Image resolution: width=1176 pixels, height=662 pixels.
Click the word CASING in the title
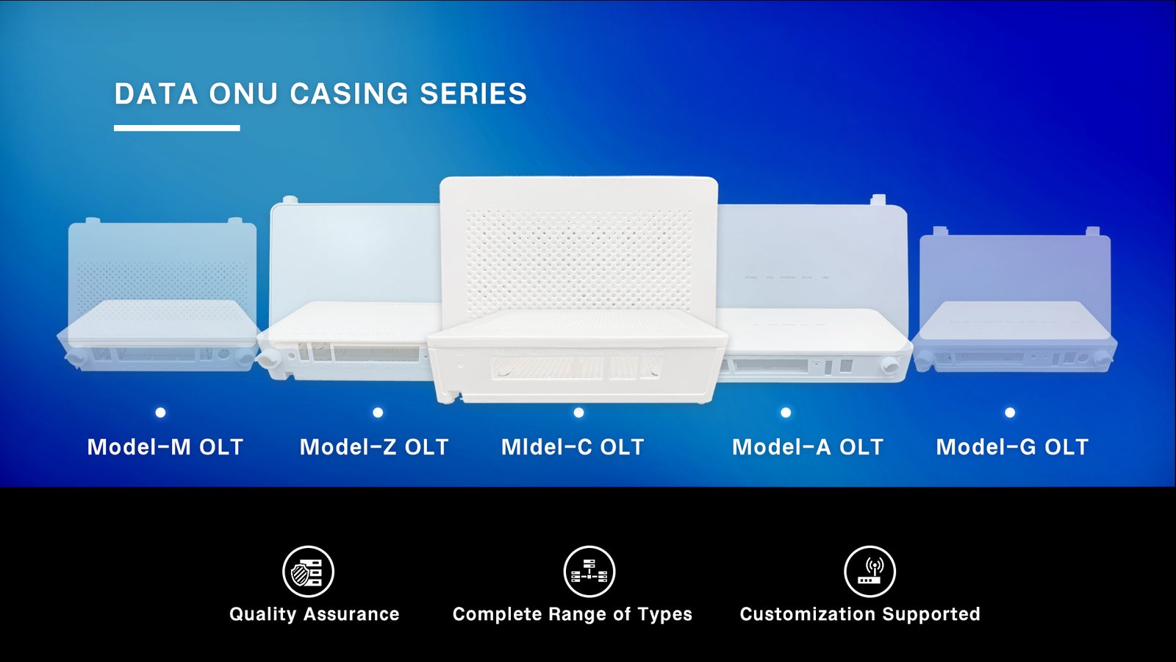pos(348,93)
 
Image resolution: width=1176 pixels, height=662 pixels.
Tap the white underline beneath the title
pos(177,128)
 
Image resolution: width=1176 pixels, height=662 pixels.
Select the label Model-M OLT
pos(165,447)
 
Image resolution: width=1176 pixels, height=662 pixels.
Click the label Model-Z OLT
pos(374,447)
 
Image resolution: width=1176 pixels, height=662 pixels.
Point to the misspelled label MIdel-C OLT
pos(573,447)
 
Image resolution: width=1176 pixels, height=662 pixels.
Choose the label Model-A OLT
pos(808,447)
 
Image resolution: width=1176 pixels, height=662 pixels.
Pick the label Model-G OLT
pos(1012,447)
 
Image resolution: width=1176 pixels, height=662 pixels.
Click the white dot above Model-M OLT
pos(161,413)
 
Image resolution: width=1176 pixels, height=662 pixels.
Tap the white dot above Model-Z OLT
pos(378,413)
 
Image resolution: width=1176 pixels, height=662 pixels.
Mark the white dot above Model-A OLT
pos(786,413)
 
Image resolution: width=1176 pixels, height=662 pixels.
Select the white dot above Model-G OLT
pos(1010,413)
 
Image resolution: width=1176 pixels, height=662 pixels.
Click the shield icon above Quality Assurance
pos(308,572)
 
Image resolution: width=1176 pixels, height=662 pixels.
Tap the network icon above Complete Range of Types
pos(589,572)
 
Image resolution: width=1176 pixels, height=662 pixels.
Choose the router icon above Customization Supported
pos(870,572)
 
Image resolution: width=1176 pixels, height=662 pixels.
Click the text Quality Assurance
pos(315,614)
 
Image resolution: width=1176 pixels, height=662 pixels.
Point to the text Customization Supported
pos(860,614)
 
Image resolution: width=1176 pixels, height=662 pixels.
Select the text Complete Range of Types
pos(573,614)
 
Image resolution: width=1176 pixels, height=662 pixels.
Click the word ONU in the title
pos(243,93)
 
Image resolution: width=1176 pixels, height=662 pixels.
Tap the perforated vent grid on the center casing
pos(579,261)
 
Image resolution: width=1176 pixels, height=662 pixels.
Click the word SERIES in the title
pos(473,93)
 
